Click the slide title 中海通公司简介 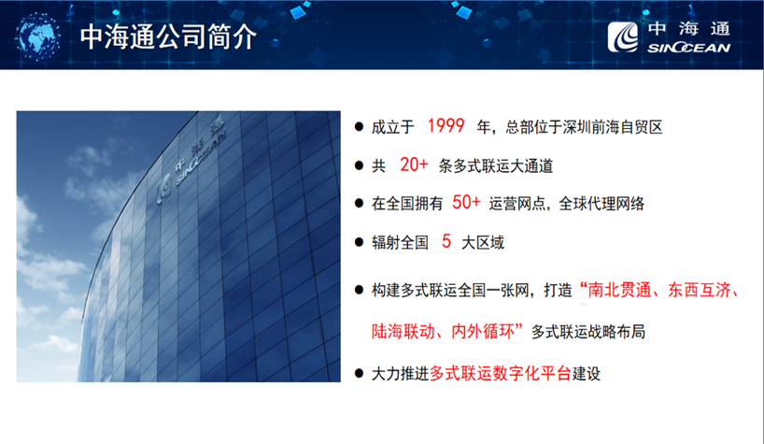[x=168, y=36]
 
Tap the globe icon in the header [x=37, y=36]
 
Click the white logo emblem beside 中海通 [x=623, y=37]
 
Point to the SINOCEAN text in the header [x=688, y=48]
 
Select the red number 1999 [x=446, y=126]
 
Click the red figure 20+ [x=414, y=165]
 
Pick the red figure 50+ [x=466, y=202]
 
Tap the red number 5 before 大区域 [x=446, y=241]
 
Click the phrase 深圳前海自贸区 [x=613, y=127]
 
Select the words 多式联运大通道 [x=496, y=166]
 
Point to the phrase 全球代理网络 [x=601, y=204]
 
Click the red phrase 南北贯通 [x=619, y=291]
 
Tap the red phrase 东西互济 [x=700, y=291]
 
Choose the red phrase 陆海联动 [x=403, y=332]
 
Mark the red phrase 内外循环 [x=483, y=332]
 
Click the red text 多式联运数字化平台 [x=501, y=374]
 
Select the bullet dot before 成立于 [x=360, y=127]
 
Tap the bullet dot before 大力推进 [x=360, y=374]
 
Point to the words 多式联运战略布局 [x=588, y=332]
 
